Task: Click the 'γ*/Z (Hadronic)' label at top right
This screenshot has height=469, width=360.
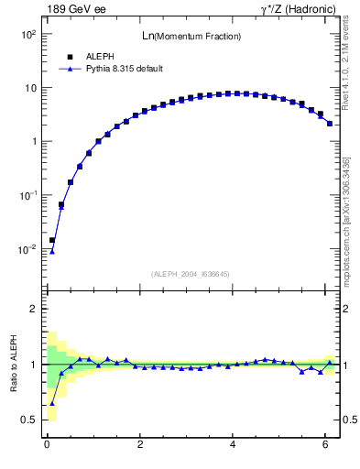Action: pyautogui.click(x=299, y=9)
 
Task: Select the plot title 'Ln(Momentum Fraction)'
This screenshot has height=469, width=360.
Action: pyautogui.click(x=191, y=36)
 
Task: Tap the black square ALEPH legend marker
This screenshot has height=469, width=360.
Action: pyautogui.click(x=70, y=56)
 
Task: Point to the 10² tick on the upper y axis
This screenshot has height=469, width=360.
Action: pyautogui.click(x=27, y=34)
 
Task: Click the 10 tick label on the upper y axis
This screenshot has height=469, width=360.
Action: pyautogui.click(x=29, y=88)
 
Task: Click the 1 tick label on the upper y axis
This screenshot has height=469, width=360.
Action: pyautogui.click(x=33, y=142)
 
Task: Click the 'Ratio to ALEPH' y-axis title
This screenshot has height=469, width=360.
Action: pyautogui.click(x=13, y=364)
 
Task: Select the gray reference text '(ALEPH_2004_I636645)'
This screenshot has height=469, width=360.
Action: pyautogui.click(x=191, y=274)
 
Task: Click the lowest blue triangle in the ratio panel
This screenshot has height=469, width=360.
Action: pyautogui.click(x=52, y=403)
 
